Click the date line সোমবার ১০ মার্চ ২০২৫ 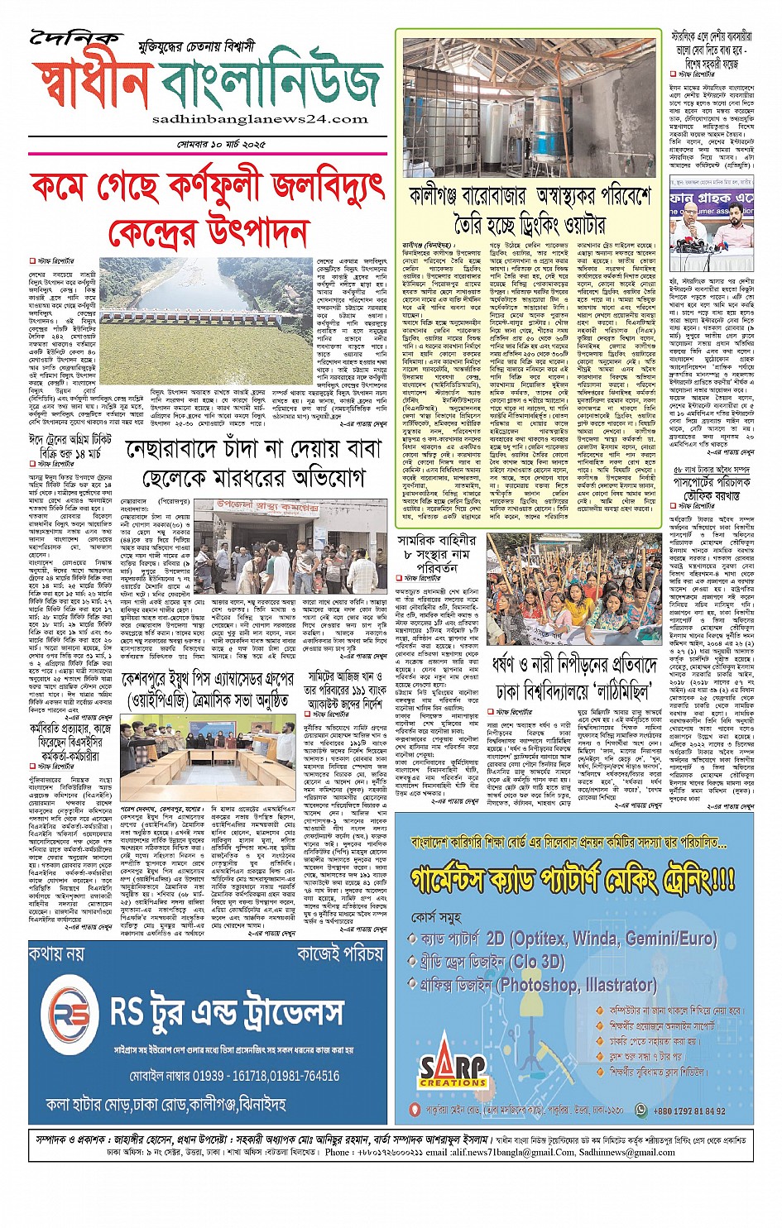[221, 145]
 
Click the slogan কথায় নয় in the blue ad [56, 953]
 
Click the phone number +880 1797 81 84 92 [688, 1111]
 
